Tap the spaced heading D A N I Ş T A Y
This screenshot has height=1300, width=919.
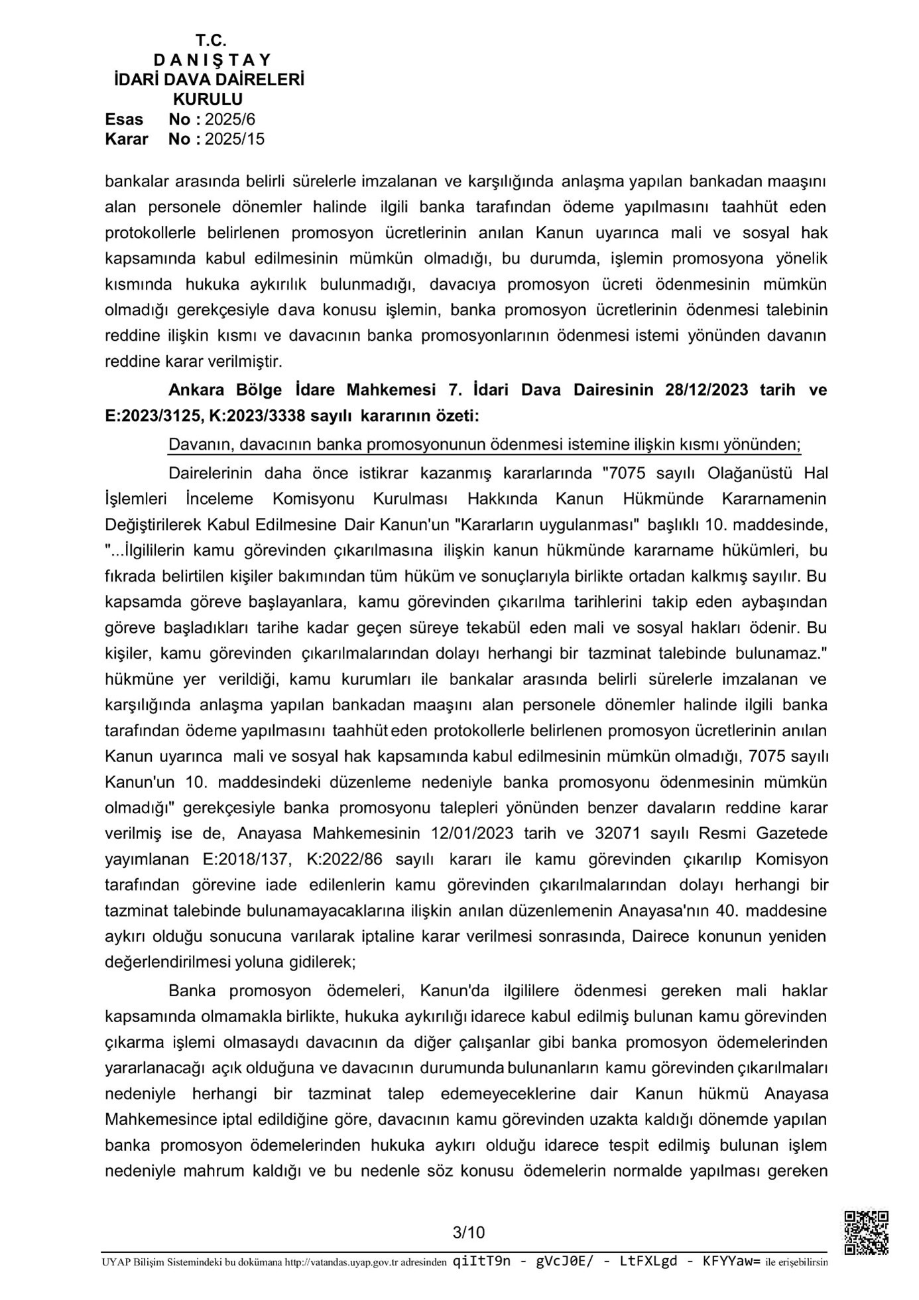(208, 60)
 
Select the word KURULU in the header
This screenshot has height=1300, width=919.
(208, 99)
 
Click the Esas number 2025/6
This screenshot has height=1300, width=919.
(230, 119)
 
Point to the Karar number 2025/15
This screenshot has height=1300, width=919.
(235, 139)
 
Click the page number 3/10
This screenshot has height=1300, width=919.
(468, 1232)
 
